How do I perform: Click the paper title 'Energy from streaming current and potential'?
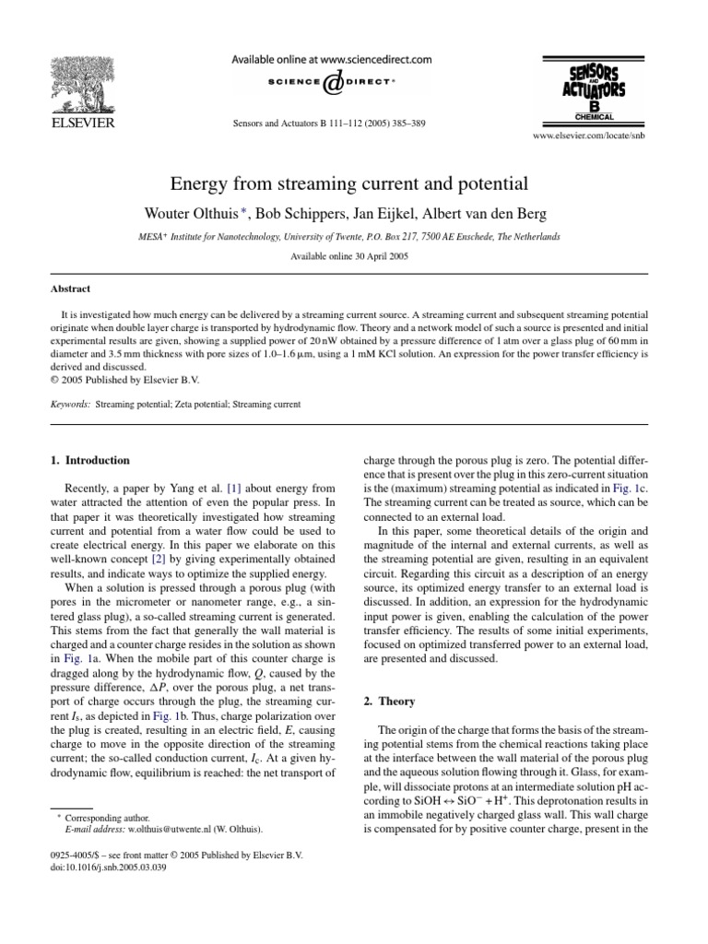tap(354, 183)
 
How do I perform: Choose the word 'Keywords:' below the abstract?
tap(70, 405)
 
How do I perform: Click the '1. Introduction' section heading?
tap(89, 460)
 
